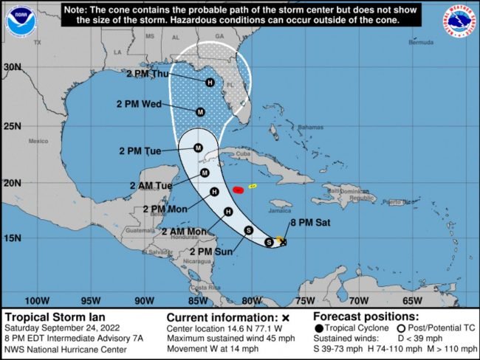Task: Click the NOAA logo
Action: (x=21, y=20)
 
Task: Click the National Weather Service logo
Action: (x=459, y=20)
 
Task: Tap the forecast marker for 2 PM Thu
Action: (x=210, y=82)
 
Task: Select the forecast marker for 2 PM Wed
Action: (x=200, y=112)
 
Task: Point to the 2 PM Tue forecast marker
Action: (x=198, y=148)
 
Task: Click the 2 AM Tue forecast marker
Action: (x=205, y=173)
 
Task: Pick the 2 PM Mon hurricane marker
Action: (x=214, y=192)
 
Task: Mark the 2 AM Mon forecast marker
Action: (x=228, y=212)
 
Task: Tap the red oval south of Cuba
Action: (x=238, y=190)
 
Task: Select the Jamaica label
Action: (x=280, y=212)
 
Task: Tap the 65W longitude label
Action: (x=411, y=300)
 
